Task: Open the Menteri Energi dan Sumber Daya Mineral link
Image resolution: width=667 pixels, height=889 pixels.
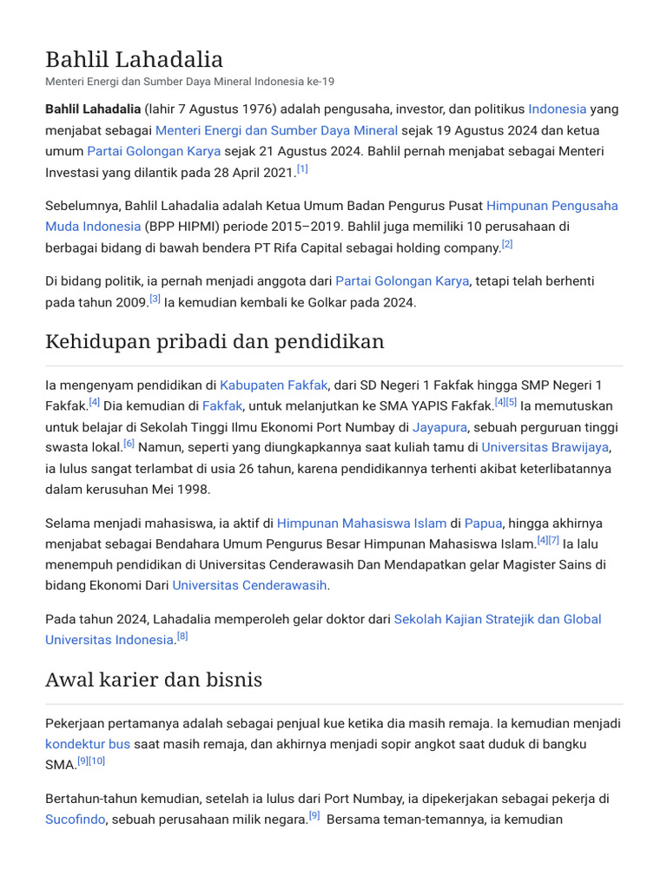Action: [276, 130]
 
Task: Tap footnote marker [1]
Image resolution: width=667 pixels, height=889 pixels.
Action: [302, 169]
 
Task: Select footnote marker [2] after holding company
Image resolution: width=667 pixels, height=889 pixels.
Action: [507, 245]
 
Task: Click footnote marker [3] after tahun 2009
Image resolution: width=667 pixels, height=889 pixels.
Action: [155, 300]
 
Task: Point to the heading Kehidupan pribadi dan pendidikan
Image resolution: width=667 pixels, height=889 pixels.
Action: [215, 341]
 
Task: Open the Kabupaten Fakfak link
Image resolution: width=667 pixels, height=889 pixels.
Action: [274, 385]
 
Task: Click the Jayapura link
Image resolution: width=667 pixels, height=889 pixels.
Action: [439, 426]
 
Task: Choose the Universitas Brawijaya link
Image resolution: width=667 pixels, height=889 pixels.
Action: [545, 447]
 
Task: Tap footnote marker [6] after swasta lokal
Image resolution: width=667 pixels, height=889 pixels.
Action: [129, 444]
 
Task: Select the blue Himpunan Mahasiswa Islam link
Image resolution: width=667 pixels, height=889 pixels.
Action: [361, 523]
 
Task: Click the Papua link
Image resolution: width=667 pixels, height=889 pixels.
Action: [483, 523]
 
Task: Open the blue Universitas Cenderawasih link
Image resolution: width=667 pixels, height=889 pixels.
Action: [249, 585]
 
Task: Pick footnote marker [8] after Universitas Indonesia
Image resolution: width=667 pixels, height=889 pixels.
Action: [182, 636]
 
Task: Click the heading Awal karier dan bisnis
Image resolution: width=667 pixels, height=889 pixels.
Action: [154, 679]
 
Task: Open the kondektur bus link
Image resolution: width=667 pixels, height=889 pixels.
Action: [87, 744]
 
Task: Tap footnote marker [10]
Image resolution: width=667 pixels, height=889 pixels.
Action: [96, 761]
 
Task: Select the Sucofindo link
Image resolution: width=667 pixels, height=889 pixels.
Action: [75, 819]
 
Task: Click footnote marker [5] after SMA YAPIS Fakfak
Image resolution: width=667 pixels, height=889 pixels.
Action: [512, 402]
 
